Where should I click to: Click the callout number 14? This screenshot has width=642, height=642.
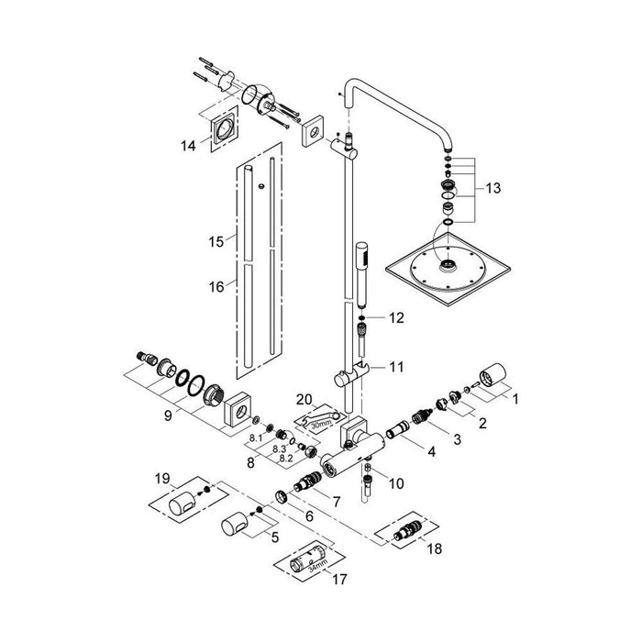click(189, 145)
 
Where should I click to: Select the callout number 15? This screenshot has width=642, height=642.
click(216, 242)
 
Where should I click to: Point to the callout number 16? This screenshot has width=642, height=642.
click(216, 286)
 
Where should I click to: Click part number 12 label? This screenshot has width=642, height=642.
click(396, 317)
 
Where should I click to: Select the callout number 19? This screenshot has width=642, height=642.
click(162, 479)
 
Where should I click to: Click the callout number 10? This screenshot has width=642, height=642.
click(396, 482)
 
